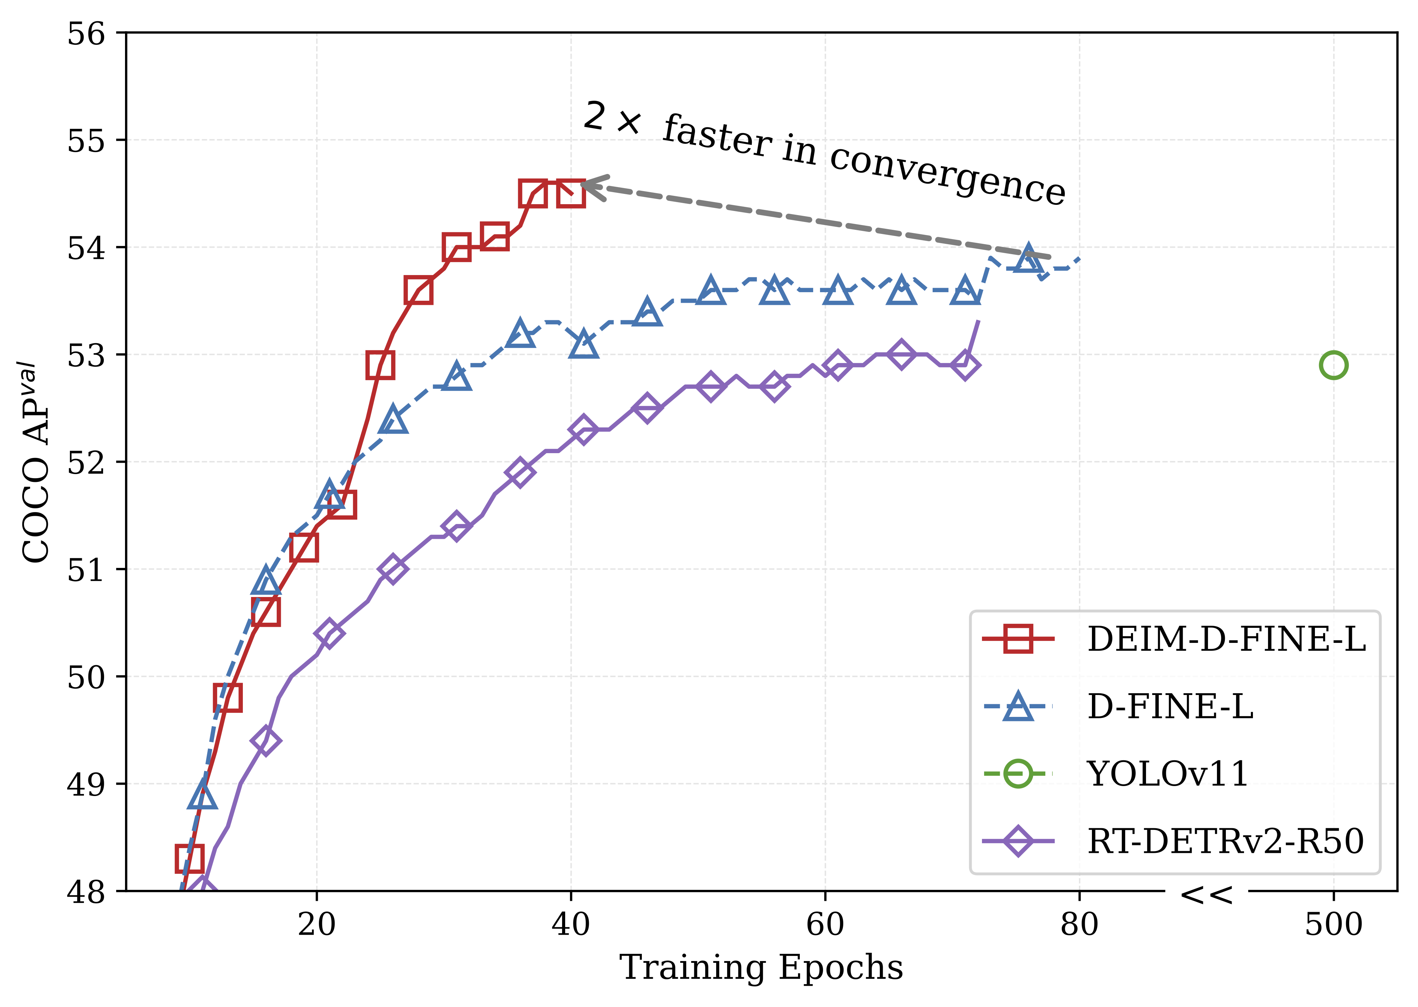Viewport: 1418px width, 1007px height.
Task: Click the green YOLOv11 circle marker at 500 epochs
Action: point(1333,365)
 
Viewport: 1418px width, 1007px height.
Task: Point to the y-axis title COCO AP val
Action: point(36,462)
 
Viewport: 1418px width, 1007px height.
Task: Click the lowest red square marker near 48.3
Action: point(189,859)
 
